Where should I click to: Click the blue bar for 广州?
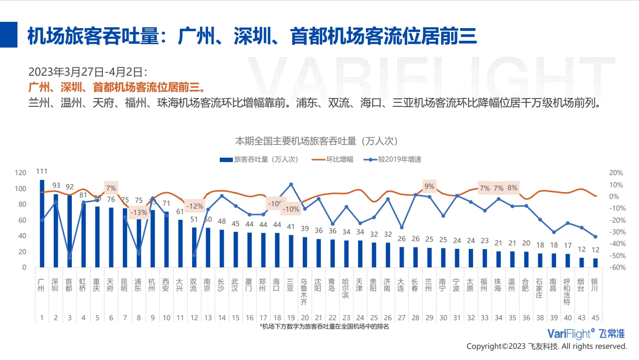(42, 223)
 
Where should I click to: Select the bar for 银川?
(595, 262)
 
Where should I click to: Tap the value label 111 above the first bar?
(42, 171)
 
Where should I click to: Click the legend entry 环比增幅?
(339, 159)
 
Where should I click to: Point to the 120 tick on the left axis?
(20, 173)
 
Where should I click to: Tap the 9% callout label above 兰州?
(429, 186)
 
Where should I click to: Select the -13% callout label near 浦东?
(139, 212)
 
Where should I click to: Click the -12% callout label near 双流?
(195, 206)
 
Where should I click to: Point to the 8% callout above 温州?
(512, 188)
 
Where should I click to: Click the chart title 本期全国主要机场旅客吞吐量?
(316, 141)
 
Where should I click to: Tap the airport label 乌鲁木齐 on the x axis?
(304, 292)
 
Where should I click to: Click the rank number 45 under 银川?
(595, 318)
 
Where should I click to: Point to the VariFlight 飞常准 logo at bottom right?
(586, 333)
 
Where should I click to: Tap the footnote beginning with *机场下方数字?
(324, 327)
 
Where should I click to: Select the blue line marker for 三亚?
(291, 184)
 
